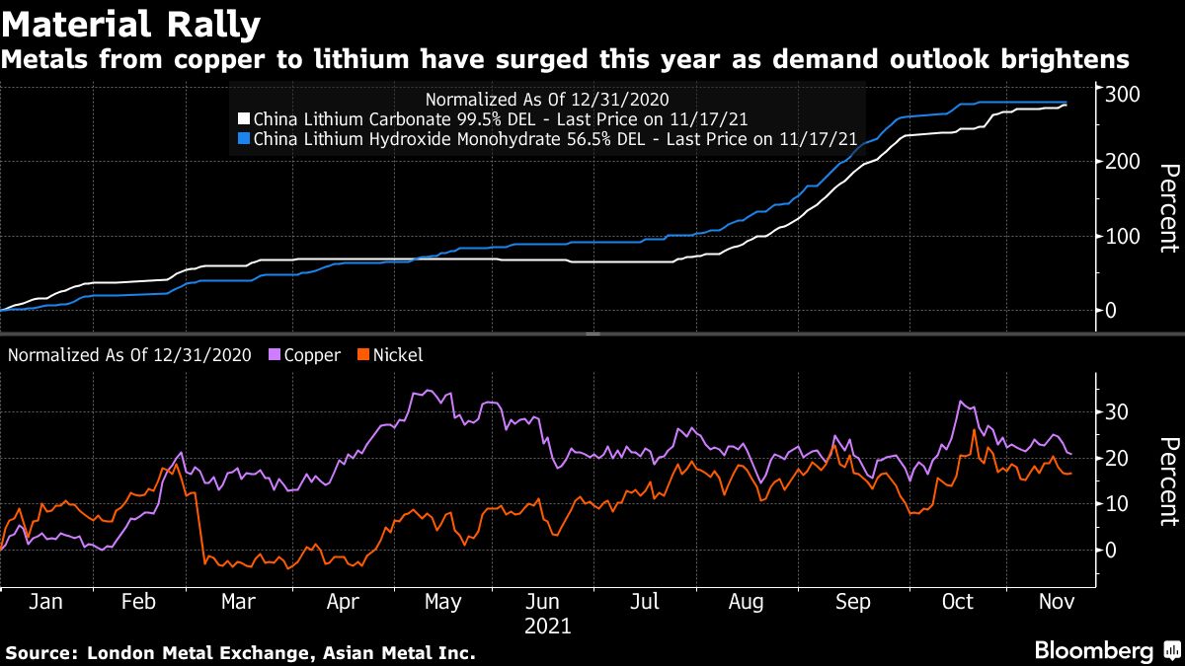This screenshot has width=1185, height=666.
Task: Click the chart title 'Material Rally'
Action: [x=131, y=23]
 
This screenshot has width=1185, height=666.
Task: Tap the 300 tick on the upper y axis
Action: [x=1124, y=94]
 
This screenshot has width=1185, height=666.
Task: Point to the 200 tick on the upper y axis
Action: [x=1124, y=162]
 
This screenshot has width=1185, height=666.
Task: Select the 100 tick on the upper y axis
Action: [x=1124, y=237]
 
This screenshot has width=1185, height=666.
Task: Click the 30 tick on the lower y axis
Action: [x=1117, y=411]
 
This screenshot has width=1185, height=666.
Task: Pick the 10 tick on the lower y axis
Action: [x=1117, y=504]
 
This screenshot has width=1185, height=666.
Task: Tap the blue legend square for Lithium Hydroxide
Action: [x=246, y=139]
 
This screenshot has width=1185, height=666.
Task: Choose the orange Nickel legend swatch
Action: [x=363, y=355]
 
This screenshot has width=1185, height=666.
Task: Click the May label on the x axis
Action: [x=442, y=601]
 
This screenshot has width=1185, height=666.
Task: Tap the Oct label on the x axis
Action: [x=958, y=601]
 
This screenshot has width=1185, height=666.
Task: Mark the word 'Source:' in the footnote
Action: [x=42, y=652]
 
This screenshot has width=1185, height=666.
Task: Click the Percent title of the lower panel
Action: [x=1169, y=480]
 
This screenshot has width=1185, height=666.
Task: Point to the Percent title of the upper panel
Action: [x=1169, y=209]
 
